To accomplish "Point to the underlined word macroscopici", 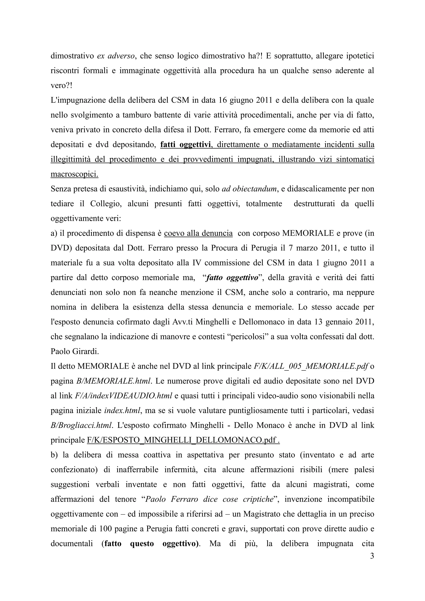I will (x=74, y=174).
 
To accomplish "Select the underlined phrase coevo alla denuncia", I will (x=198, y=233).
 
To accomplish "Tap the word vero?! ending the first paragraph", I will (x=61, y=86).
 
